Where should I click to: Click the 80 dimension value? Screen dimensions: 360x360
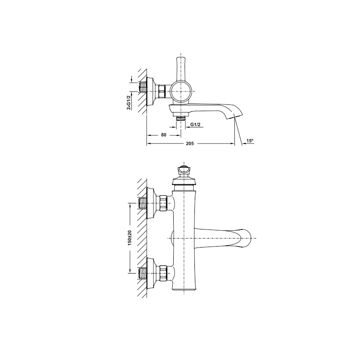pos(163,135)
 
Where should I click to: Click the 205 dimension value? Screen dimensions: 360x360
pos(190,144)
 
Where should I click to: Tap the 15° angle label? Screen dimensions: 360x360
pos(250,141)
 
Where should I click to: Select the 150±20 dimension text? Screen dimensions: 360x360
pos(130,238)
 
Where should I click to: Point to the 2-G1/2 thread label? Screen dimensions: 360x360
pos(129,103)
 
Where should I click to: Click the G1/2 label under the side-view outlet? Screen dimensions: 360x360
pos(195,125)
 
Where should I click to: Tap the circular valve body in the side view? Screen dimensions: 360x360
pos(181,91)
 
